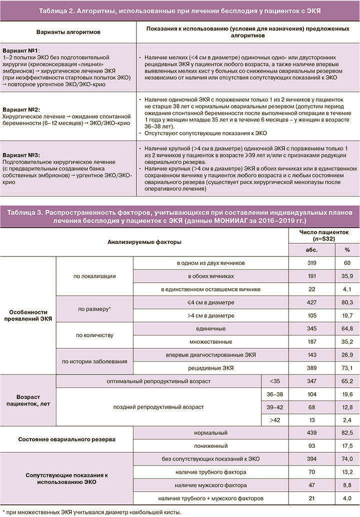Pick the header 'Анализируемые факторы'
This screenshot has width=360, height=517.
[144, 241]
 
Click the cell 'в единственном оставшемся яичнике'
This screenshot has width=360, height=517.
[210, 289]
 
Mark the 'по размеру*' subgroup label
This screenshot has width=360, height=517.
[94, 309]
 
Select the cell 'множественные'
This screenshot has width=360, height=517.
[210, 341]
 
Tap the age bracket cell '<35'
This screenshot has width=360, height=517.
[274, 381]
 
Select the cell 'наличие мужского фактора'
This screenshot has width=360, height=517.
[210, 485]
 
